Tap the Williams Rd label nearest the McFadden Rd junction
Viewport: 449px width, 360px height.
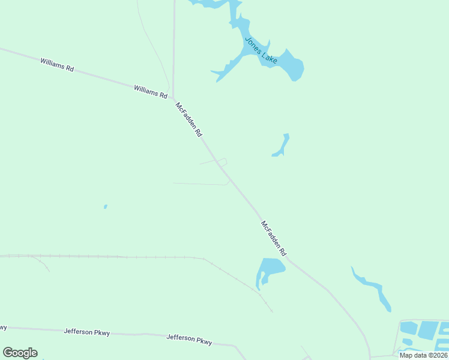click(150, 91)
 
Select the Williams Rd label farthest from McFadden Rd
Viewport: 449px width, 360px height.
click(56, 65)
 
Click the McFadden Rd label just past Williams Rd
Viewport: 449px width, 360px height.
click(188, 120)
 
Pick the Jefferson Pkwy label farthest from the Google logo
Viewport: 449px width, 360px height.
click(189, 339)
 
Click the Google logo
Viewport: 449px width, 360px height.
click(20, 353)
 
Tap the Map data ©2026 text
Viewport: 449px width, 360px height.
click(423, 355)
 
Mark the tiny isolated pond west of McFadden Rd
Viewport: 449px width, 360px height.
click(106, 206)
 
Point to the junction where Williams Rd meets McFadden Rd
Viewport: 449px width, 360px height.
click(173, 98)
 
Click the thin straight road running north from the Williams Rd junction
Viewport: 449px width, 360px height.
click(173, 48)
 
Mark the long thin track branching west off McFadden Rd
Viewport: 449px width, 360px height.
click(198, 184)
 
